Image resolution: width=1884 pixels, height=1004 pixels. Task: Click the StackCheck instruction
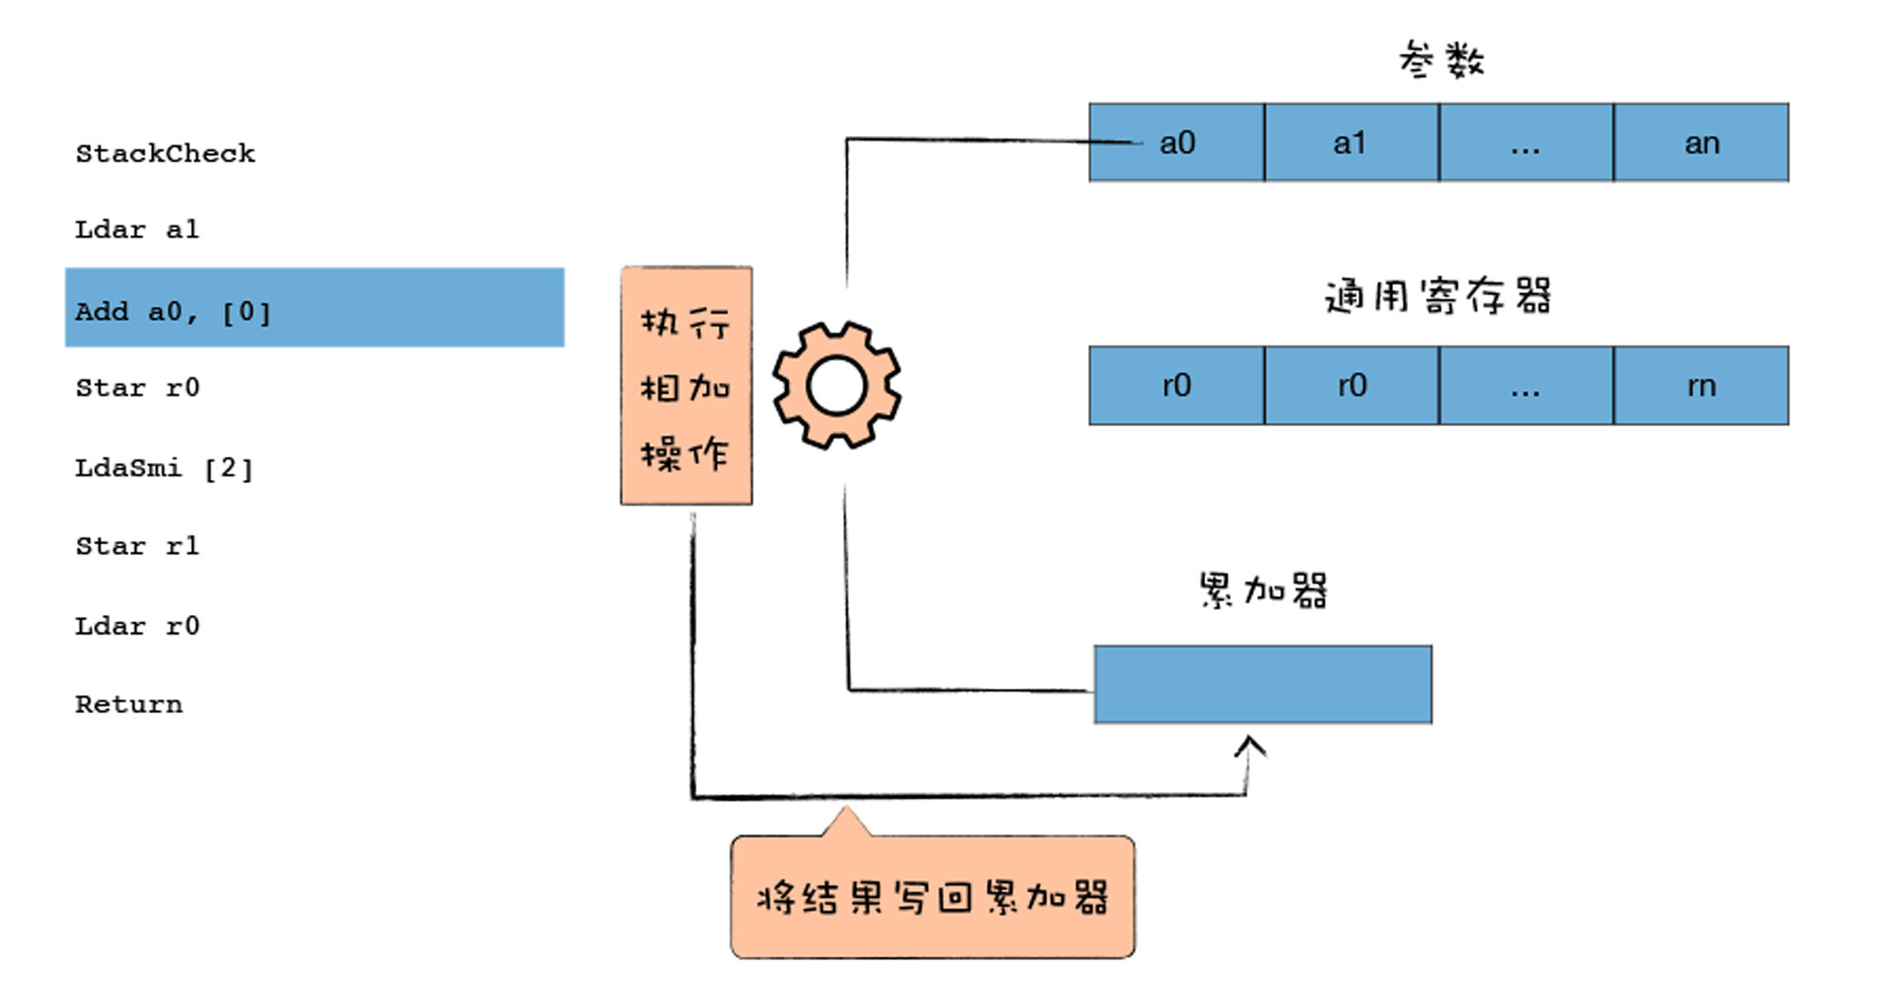pos(165,154)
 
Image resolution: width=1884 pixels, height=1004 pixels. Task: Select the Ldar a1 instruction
pos(137,230)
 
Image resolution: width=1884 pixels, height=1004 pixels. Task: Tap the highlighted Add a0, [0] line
pos(314,308)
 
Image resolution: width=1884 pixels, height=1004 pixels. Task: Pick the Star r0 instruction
pos(137,388)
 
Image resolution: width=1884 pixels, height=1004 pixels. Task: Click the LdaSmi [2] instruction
pos(163,469)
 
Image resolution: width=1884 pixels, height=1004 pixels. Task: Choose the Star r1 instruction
pos(137,547)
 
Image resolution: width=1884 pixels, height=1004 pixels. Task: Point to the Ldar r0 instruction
pos(137,626)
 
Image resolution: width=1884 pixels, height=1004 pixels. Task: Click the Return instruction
pos(129,705)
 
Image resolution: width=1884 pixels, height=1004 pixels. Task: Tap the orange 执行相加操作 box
pos(686,386)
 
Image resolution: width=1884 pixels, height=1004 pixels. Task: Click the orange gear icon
pos(836,386)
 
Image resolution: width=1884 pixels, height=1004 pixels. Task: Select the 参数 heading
pos(1441,60)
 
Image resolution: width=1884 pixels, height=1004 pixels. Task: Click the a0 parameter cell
pos(1177,143)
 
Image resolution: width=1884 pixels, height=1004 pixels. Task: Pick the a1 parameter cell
pos(1351,143)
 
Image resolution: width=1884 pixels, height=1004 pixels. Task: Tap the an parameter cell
pos(1702,143)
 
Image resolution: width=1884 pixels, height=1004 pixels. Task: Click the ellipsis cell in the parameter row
pos(1526,143)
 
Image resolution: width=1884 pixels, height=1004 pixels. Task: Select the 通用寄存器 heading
pos(1438,296)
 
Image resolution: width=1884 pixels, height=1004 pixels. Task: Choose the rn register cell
pos(1702,386)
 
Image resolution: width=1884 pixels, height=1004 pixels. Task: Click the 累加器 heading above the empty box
pos(1263,590)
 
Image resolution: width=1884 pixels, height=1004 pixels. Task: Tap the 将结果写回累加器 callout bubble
pos(932,897)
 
